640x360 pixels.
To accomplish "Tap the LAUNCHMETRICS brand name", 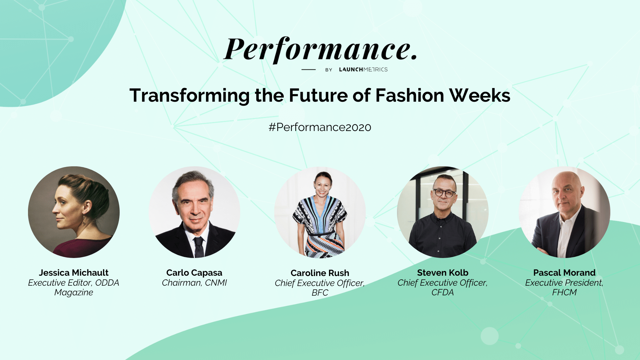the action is coord(363,69).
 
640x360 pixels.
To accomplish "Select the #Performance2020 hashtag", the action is coord(320,127).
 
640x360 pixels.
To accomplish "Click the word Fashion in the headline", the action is coord(410,95).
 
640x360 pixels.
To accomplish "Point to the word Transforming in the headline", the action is coord(189,96).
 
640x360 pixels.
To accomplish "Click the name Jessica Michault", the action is coord(74,273).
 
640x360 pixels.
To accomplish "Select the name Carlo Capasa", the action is coord(194,273).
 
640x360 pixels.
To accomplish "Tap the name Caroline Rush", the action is coord(320,273).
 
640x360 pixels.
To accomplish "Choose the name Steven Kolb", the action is coord(443,273).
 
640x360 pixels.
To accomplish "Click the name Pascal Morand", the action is coord(564,273).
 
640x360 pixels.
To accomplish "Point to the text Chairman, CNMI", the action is coord(194,283).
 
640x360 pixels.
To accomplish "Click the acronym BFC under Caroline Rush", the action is coord(320,293).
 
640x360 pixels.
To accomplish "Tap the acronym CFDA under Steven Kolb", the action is coord(443,292).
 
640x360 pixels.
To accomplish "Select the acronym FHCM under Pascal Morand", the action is coord(564,292).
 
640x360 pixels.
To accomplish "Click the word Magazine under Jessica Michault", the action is coord(74,293).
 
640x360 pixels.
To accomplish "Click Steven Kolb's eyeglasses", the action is coord(444,193).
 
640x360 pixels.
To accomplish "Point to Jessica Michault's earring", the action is coord(84,220).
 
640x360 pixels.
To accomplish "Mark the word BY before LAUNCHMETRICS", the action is coord(329,70).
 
